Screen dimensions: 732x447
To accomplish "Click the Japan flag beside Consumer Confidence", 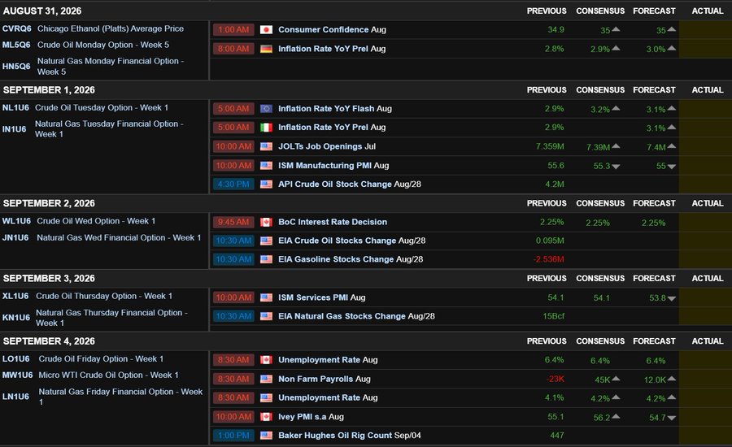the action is coord(266,30).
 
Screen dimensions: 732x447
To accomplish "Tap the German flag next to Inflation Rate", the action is coord(266,49).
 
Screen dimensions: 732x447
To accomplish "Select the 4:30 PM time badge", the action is coord(233,184).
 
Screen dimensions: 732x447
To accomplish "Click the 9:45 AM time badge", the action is coord(233,222).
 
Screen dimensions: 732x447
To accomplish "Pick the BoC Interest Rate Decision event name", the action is coord(333,222).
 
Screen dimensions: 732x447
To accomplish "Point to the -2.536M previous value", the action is coord(548,259).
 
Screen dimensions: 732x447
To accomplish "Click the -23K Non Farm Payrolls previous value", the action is coord(555,379).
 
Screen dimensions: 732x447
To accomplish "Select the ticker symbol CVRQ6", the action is coord(17,28).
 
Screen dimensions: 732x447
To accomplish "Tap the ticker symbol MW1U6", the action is coord(17,375).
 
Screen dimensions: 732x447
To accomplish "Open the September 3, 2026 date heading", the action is coord(49,279).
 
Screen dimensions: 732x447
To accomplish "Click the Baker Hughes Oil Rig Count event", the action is coord(349,436).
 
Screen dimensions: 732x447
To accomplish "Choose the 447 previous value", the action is coord(557,436).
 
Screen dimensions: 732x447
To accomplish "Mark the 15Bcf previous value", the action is coord(554,316).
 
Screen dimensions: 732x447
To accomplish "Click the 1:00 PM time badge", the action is coord(233,436).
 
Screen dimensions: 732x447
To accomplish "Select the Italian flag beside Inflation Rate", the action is coord(266,128).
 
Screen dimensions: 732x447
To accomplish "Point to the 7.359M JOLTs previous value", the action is coord(550,146).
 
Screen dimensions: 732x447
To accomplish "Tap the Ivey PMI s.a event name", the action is coord(311,417).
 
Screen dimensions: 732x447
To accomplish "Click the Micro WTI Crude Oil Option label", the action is coord(108,375).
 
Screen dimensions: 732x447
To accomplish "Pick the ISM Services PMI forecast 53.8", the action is coord(657,297).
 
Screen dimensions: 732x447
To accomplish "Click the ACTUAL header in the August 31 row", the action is coord(708,11).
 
